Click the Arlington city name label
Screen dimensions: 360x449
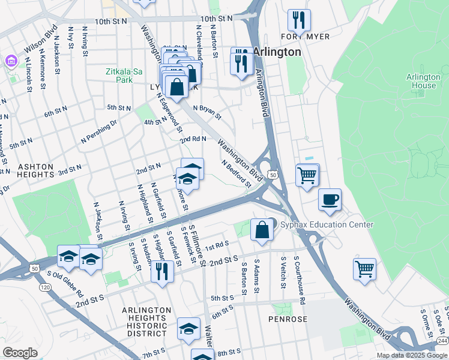[x=276, y=52]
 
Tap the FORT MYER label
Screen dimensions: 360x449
[x=309, y=37]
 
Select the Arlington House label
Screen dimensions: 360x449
[x=423, y=81]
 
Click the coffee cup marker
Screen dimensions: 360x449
[x=330, y=200]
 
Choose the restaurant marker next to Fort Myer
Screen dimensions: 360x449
[x=299, y=20]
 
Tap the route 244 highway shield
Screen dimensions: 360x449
[x=442, y=340]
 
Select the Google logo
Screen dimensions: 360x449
[x=20, y=352]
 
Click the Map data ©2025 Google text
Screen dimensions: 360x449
[x=412, y=355]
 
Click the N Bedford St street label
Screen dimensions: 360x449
[x=235, y=173]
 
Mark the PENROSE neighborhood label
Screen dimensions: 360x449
[x=288, y=319]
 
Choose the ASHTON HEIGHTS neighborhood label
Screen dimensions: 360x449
[x=27, y=170]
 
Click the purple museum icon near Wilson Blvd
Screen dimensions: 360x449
[x=11, y=61]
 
